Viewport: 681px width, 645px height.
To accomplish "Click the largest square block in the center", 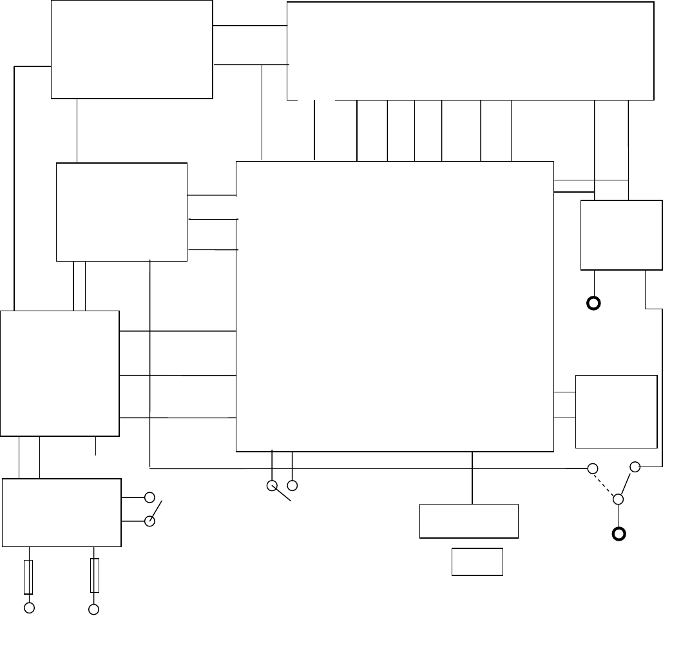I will (395, 306).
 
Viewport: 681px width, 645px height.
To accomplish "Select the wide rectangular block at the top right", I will (470, 50).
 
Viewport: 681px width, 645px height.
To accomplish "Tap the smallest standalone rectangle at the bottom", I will (477, 561).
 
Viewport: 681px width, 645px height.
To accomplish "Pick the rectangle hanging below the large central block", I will (469, 521).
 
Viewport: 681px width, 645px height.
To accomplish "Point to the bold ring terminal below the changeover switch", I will (619, 534).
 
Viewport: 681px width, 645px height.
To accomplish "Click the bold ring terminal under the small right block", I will (593, 303).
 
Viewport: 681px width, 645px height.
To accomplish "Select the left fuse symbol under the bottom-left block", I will (28, 576).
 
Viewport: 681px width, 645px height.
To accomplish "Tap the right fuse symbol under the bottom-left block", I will (95, 575).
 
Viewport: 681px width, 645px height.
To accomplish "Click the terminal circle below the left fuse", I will (29, 608).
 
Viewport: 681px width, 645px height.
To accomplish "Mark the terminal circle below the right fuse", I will (94, 609).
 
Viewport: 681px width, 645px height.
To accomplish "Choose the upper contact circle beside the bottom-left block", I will (150, 497).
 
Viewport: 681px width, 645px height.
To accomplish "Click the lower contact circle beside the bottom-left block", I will (150, 521).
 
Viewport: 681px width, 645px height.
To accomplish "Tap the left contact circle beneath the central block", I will (272, 485).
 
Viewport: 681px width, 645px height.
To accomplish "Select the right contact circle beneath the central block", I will (293, 485).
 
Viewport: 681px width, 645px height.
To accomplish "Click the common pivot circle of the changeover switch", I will (618, 499).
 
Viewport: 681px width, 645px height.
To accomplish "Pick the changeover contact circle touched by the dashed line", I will (593, 468).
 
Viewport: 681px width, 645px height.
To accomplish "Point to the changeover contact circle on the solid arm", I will (635, 466).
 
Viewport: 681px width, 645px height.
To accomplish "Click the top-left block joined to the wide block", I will (131, 49).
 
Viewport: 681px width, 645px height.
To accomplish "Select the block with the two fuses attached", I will (61, 512).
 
